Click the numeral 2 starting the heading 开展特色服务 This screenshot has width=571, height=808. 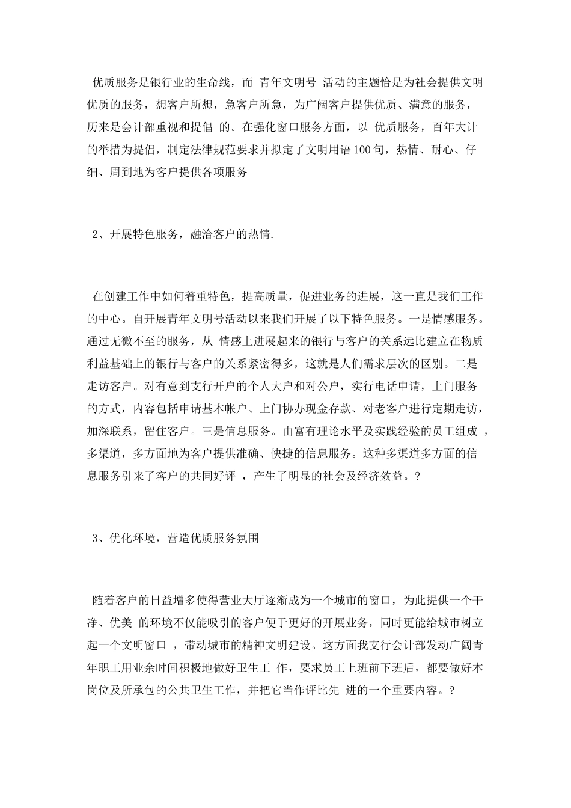tap(95, 234)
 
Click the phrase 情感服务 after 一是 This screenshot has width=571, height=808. tap(456, 318)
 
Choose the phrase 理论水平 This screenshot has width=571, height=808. tap(342, 431)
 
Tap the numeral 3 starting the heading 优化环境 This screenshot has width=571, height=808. tap(95, 538)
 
